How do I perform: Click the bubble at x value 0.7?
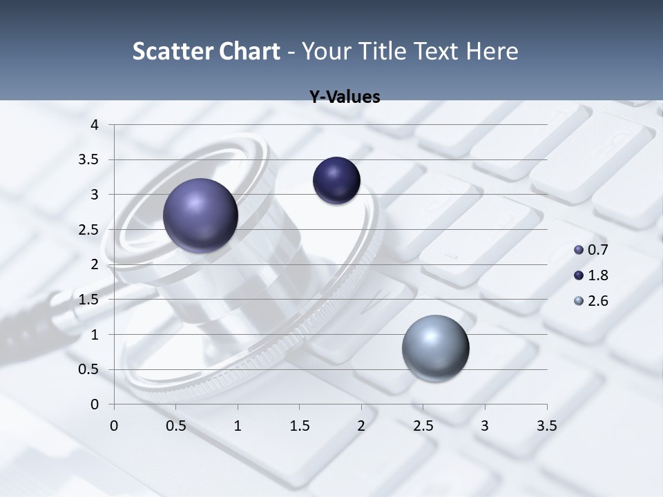point(200,215)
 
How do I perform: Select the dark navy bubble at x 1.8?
point(336,181)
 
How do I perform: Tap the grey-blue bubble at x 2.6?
point(435,348)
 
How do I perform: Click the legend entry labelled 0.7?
point(590,250)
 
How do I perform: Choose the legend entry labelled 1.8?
point(590,275)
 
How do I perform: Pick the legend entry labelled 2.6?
point(590,301)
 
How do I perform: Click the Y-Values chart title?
point(344,97)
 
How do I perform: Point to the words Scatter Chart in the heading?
point(206,51)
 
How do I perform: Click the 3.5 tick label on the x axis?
point(546,426)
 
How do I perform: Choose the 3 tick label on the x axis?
point(484,426)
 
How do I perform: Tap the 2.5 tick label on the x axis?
point(423,426)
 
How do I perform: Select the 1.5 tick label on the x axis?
point(299,426)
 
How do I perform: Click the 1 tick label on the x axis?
point(238,426)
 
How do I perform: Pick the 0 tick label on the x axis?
point(114,426)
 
